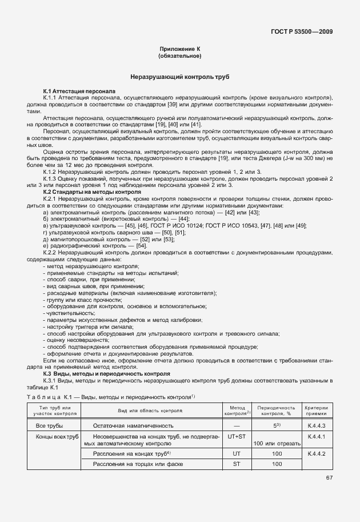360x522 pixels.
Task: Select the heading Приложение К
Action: pyautogui.click(x=179, y=50)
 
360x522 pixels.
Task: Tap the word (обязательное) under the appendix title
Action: pyautogui.click(x=179, y=56)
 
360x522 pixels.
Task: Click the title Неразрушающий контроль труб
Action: pyautogui.click(x=179, y=77)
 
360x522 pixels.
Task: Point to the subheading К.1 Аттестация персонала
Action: pyautogui.click(x=79, y=91)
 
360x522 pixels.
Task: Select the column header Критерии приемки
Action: pyautogui.click(x=316, y=411)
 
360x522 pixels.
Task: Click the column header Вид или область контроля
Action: pyautogui.click(x=150, y=411)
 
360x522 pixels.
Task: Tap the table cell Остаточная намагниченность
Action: pyautogui.click(x=133, y=426)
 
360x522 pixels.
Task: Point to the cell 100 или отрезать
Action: pyautogui.click(x=277, y=443)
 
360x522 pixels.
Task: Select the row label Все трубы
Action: pyautogui.click(x=50, y=426)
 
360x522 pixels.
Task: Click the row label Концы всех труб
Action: pyautogui.click(x=56, y=437)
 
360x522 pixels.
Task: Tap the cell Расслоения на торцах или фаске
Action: pyautogui.click(x=133, y=464)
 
